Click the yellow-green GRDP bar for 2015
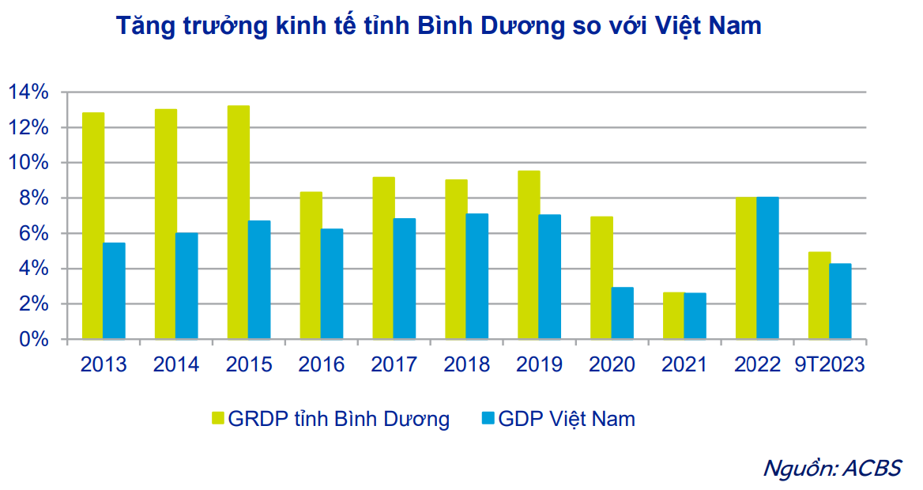[238, 222]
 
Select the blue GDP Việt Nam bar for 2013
[114, 291]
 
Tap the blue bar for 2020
[623, 313]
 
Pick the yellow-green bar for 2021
[673, 316]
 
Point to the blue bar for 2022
[767, 268]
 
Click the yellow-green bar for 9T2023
[819, 296]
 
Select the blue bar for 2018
[477, 277]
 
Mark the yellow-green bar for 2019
[529, 254]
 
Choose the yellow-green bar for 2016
[311, 266]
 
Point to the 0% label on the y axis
[34, 340]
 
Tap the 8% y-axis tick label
[34, 198]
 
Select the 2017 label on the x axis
[394, 364]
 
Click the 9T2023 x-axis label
[830, 364]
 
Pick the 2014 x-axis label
[176, 364]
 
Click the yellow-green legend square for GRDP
[217, 418]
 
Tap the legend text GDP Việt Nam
[567, 418]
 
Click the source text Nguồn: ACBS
[831, 467]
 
